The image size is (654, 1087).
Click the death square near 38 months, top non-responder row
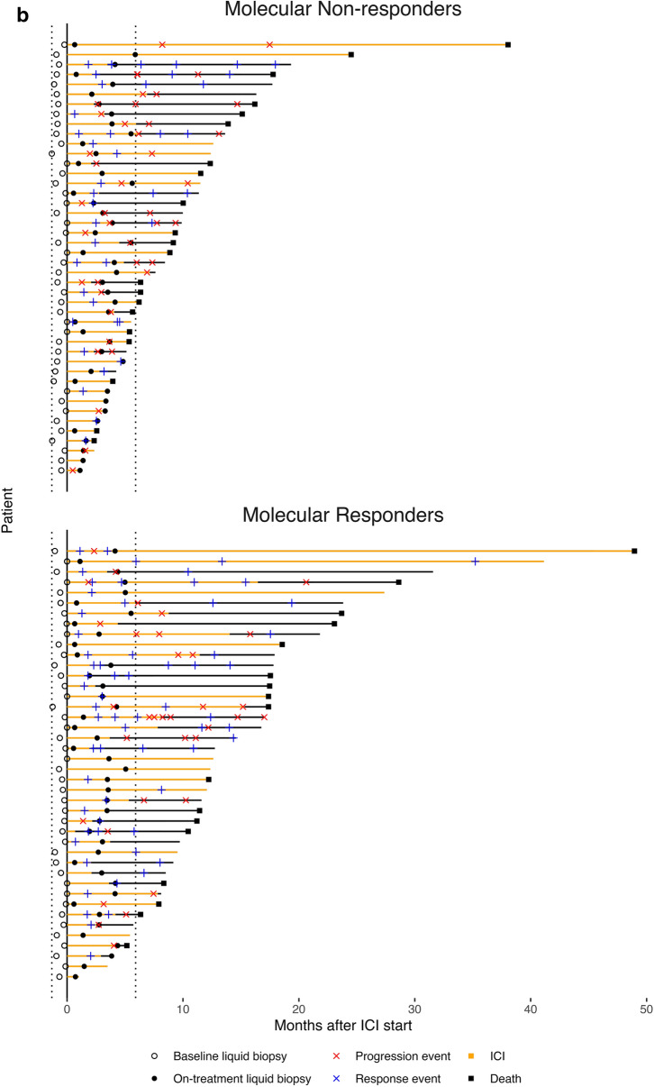coord(508,44)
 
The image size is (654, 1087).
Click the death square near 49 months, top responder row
coord(635,551)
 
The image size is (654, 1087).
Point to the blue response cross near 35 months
coord(475,562)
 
